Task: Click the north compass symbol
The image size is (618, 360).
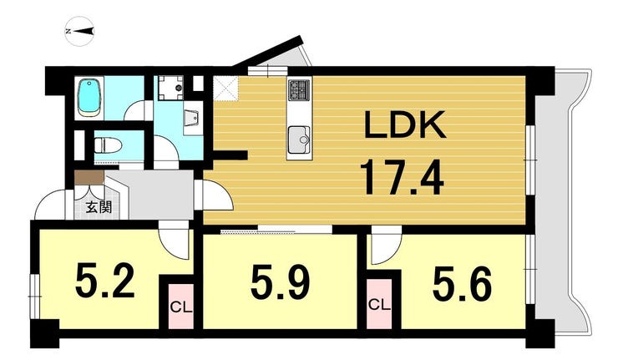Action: (x=79, y=31)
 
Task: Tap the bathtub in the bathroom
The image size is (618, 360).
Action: (x=90, y=98)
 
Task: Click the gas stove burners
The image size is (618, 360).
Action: (x=299, y=90)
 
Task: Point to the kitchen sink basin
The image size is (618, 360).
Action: (x=300, y=139)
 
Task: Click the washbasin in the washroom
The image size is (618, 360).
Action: (x=192, y=117)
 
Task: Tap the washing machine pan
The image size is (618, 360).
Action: (x=171, y=88)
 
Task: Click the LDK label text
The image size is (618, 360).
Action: (x=405, y=125)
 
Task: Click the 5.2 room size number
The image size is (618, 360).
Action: (x=105, y=281)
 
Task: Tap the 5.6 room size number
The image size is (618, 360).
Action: (x=462, y=282)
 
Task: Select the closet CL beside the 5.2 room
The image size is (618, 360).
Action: (x=181, y=307)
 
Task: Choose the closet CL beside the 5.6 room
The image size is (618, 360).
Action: (x=379, y=304)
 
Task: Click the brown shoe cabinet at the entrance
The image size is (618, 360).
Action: (x=89, y=177)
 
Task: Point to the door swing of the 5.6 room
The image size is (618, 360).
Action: (x=385, y=246)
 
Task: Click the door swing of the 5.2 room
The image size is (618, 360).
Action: (x=175, y=241)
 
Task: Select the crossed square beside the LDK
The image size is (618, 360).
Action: (x=226, y=89)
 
